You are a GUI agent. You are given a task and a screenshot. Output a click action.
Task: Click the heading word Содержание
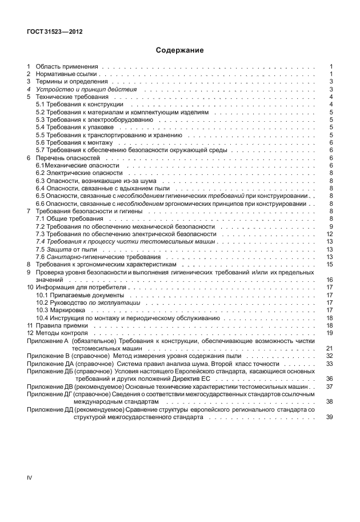[179, 50]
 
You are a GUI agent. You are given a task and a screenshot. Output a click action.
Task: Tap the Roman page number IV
[31, 477]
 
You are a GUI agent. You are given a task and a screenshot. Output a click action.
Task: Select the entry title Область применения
[67, 67]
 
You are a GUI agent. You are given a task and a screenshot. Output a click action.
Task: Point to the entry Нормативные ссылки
[67, 74]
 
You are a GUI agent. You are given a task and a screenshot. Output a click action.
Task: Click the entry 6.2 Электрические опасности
[79, 172]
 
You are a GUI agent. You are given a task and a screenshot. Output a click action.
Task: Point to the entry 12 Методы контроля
[61, 332]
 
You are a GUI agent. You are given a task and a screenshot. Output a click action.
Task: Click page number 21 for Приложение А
[329, 347]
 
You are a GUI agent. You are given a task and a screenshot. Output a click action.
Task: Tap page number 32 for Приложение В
[329, 355]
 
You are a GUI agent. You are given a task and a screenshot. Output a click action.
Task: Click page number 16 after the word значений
[329, 280]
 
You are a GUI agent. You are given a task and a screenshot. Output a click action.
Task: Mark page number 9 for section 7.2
[331, 227]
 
